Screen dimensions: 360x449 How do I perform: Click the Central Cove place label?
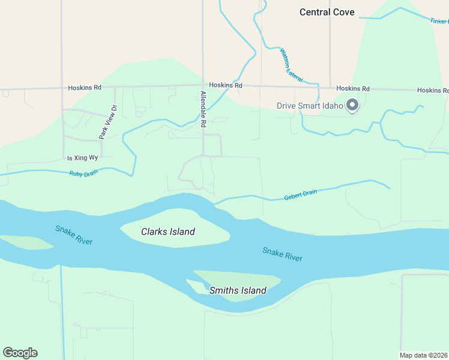coord(327,12)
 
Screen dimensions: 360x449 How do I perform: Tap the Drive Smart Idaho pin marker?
coord(352,106)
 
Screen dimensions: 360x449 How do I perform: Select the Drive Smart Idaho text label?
coord(309,106)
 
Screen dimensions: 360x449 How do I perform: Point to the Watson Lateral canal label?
coord(291,65)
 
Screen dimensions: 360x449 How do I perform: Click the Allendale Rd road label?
coord(203,109)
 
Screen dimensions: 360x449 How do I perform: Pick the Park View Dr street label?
coord(108,122)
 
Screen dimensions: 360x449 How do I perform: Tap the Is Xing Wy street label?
coord(82,158)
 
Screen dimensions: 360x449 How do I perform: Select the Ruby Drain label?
coord(83,173)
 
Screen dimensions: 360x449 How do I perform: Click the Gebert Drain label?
coord(300,195)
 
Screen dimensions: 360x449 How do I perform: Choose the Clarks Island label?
coord(168,232)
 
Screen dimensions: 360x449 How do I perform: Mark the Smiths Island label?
coord(238,291)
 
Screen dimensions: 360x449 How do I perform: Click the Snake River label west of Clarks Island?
coord(74,235)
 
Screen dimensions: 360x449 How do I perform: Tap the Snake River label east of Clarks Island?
coord(282,254)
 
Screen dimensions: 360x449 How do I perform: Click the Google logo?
coord(20,353)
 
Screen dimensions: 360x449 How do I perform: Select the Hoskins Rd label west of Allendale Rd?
coord(85,88)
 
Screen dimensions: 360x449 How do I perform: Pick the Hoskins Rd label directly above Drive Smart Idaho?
coord(352,89)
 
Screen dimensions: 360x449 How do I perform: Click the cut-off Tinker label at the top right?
coord(439,21)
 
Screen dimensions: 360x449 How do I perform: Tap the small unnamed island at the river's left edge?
coord(27,242)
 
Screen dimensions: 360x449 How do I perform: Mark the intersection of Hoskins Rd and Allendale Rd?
coord(203,86)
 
